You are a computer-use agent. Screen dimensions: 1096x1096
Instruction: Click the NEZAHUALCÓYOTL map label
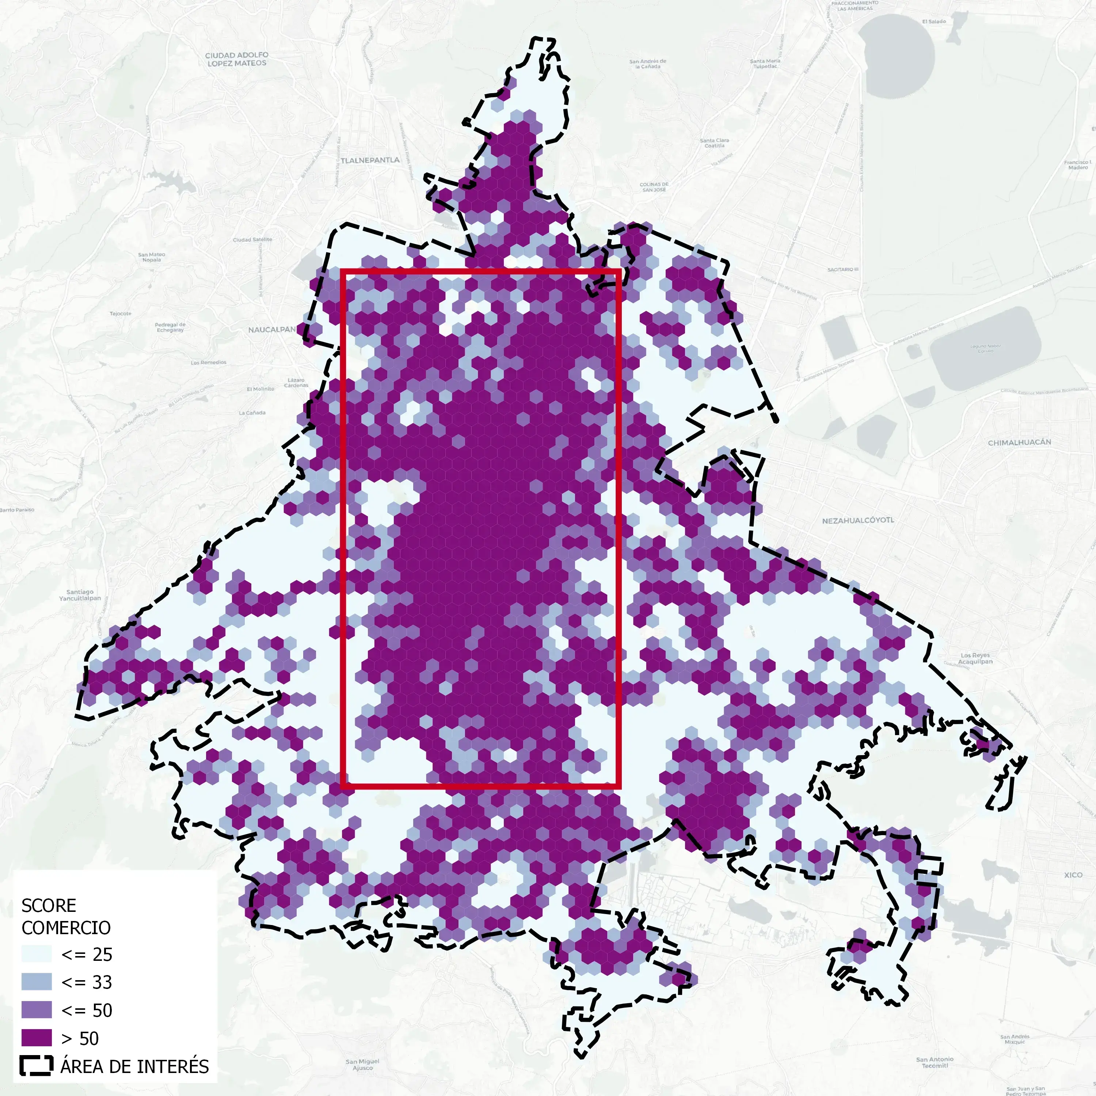pyautogui.click(x=858, y=520)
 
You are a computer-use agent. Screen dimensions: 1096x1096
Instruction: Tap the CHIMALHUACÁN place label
pyautogui.click(x=1019, y=442)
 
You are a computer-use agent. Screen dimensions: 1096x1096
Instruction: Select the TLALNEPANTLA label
pyautogui.click(x=370, y=160)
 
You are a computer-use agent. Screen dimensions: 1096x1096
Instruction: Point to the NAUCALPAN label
pyautogui.click(x=272, y=330)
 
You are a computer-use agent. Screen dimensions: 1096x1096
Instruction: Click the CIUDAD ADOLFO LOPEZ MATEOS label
pyautogui.click(x=237, y=59)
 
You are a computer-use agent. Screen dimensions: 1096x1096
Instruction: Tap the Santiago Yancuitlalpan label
pyautogui.click(x=80, y=595)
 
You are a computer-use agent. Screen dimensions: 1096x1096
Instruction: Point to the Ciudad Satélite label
pyautogui.click(x=252, y=239)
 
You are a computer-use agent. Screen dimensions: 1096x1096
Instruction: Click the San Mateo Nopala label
pyautogui.click(x=152, y=257)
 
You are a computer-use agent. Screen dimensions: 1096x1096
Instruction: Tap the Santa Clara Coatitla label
pyautogui.click(x=714, y=143)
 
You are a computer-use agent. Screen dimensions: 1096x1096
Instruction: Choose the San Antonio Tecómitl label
pyautogui.click(x=934, y=1062)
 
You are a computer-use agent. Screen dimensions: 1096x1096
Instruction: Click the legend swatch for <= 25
pyautogui.click(x=36, y=954)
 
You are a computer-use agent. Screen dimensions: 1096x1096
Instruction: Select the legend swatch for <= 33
pyautogui.click(x=36, y=982)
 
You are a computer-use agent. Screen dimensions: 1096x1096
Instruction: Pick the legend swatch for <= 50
pyautogui.click(x=36, y=1011)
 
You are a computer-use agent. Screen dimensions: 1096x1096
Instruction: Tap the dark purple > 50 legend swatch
pyautogui.click(x=36, y=1038)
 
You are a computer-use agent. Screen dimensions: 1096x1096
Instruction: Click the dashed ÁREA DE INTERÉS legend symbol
pyautogui.click(x=36, y=1066)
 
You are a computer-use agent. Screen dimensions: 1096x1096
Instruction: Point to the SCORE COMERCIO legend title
pyautogui.click(x=66, y=916)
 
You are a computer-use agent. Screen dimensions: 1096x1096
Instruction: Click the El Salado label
pyautogui.click(x=934, y=22)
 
